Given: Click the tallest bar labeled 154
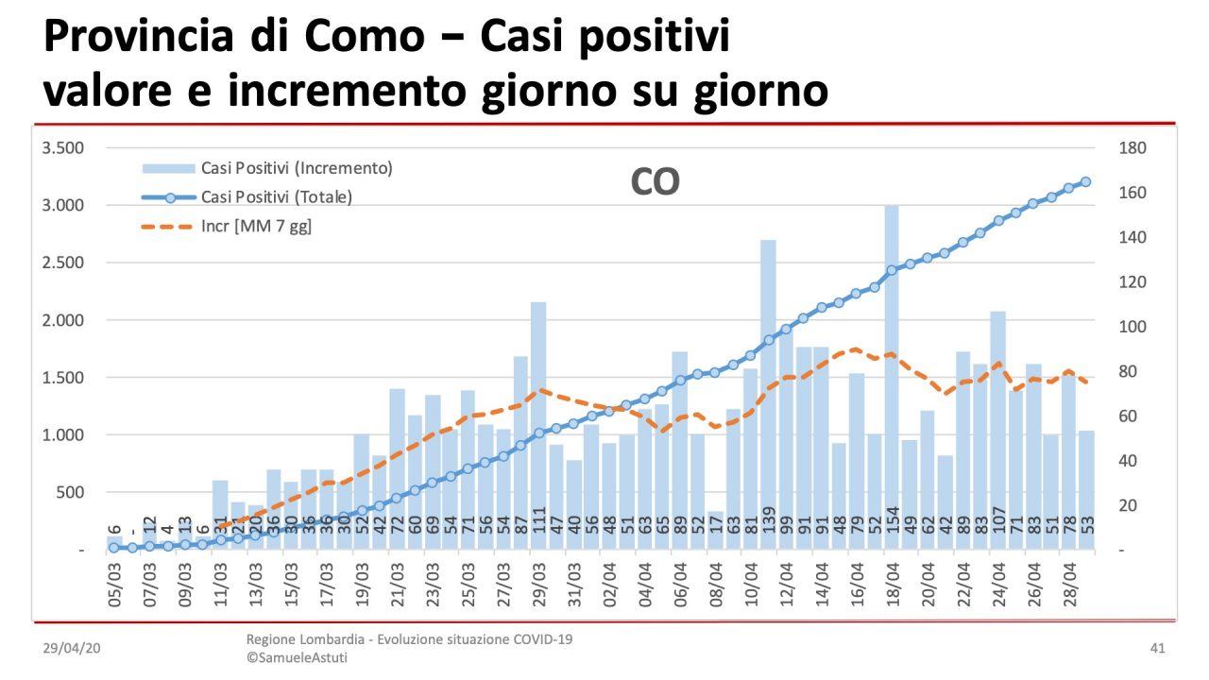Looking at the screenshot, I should [892, 378].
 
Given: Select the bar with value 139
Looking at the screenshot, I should [768, 397].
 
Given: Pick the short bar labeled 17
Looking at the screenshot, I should [715, 531].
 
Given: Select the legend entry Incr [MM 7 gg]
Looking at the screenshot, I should [256, 227].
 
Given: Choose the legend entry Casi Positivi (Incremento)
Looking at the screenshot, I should [296, 168].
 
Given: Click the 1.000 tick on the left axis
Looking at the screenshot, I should [64, 435].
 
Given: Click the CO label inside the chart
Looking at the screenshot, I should [655, 182].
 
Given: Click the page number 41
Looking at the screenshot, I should [1157, 649].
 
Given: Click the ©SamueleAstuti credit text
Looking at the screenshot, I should [297, 657].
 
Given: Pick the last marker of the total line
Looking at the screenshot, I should [1086, 181].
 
